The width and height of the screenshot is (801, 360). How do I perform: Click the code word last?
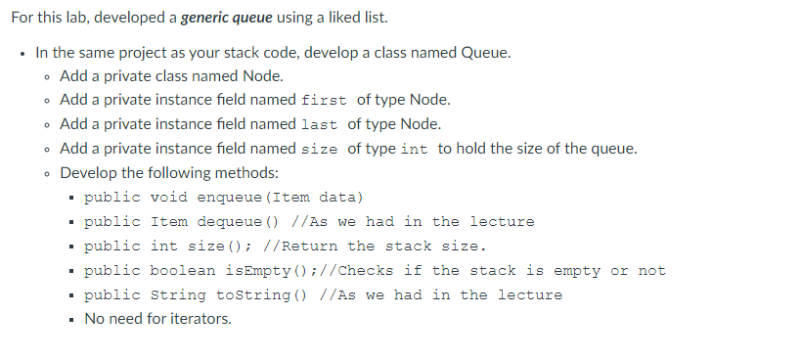click(320, 125)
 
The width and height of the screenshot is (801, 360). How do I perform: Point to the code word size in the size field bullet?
click(321, 150)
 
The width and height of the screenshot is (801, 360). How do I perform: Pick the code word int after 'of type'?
click(414, 150)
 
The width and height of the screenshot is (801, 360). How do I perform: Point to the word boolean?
click(188, 271)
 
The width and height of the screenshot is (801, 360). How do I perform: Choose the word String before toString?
click(178, 295)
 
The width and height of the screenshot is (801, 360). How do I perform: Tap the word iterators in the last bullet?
click(200, 319)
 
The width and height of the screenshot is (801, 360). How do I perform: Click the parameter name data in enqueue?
click(338, 198)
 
